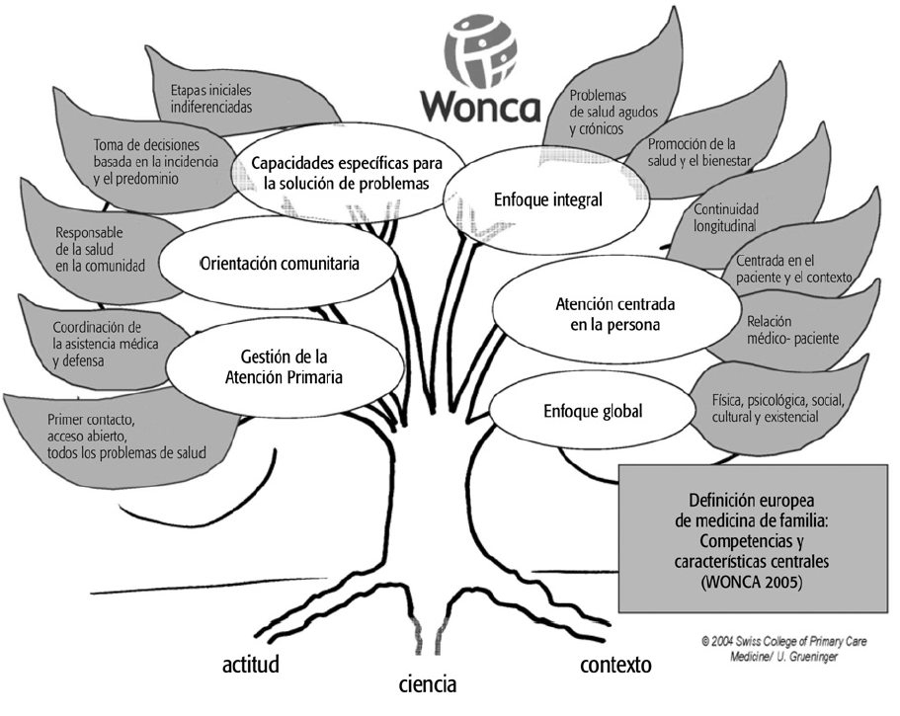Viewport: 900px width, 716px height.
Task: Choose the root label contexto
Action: point(615,665)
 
